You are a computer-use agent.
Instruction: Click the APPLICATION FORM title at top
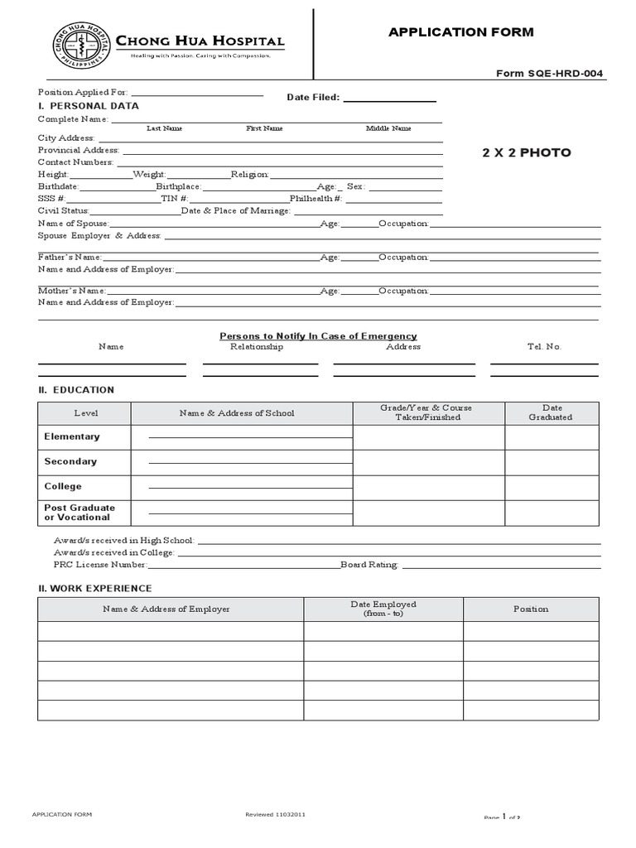[x=461, y=32]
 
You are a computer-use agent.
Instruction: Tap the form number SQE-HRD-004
[x=550, y=74]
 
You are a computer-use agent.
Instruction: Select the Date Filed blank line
[x=389, y=99]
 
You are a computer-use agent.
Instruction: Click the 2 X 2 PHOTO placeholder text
[x=527, y=153]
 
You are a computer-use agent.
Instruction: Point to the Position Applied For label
[x=83, y=92]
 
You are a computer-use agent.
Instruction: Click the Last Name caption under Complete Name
[x=165, y=128]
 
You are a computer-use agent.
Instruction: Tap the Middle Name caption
[x=388, y=128]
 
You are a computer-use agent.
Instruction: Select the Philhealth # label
[x=316, y=199]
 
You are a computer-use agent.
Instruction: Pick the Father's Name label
[x=70, y=258]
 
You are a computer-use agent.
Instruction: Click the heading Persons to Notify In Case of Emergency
[x=318, y=336]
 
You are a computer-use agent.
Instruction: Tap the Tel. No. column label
[x=544, y=347]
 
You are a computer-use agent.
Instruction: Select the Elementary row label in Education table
[x=72, y=436]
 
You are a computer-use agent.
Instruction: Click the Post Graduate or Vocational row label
[x=79, y=513]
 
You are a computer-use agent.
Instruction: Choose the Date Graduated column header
[x=552, y=412]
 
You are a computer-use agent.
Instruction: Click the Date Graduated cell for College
[x=552, y=487]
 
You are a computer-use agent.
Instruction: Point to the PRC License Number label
[x=93, y=565]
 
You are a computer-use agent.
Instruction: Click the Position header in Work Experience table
[x=531, y=609]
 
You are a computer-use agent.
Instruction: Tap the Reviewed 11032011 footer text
[x=276, y=815]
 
